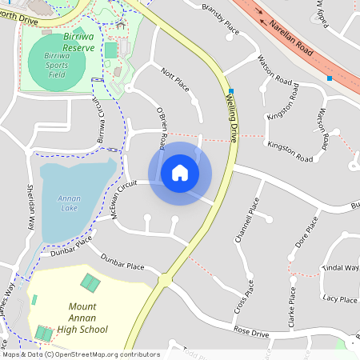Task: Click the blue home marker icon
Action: pos(180,173)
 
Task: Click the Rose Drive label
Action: pos(251,332)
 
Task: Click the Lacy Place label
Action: pos(339,299)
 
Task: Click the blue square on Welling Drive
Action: pos(230,90)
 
